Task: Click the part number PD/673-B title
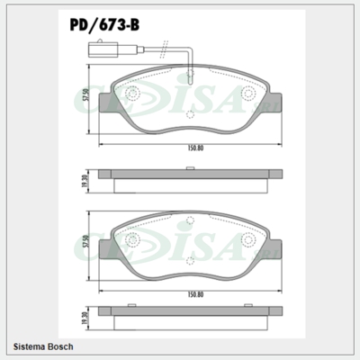[106, 26]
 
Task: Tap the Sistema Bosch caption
[44, 346]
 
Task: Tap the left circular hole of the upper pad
[132, 94]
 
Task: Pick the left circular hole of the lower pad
[132, 239]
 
